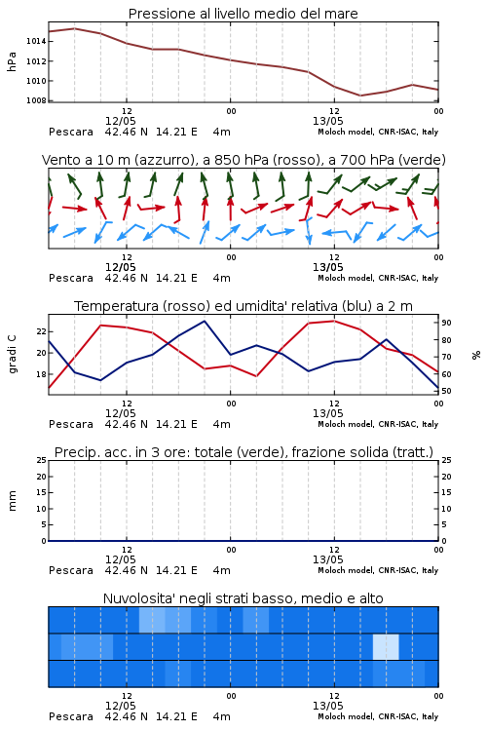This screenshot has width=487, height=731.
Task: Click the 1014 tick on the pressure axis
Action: tap(36, 42)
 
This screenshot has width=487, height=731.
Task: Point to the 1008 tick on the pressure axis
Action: tap(36, 100)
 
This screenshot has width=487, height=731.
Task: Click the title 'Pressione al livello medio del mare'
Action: tap(243, 14)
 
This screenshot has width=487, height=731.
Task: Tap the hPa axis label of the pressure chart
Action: tap(12, 61)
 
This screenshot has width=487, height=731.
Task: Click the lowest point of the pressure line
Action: tap(360, 96)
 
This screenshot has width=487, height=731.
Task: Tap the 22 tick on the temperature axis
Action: tap(42, 332)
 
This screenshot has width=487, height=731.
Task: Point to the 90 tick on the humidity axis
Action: tap(446, 323)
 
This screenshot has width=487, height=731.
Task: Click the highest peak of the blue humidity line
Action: tap(205, 321)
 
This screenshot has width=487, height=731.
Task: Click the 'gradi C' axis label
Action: tap(12, 355)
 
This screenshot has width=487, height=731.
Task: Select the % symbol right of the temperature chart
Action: tap(476, 355)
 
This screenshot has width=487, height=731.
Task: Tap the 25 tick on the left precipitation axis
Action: tap(42, 461)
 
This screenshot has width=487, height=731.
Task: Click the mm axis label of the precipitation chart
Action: tap(12, 501)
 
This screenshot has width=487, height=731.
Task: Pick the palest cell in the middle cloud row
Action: tap(386, 646)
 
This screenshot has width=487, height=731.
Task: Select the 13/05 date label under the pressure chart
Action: tap(327, 121)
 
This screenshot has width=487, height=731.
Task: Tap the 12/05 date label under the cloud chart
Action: tap(120, 706)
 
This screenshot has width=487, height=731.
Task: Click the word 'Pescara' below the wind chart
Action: tap(71, 279)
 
